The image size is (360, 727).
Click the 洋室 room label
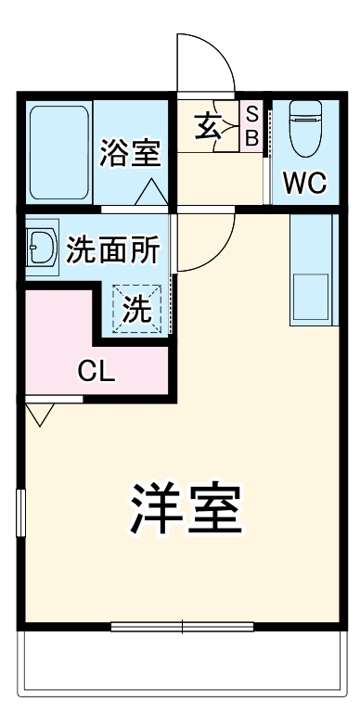186,507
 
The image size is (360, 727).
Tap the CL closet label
96,373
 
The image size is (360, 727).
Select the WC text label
304,183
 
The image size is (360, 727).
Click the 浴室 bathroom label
130,153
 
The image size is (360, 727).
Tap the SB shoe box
251,124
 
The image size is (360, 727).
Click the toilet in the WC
305,130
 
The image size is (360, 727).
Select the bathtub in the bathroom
58,148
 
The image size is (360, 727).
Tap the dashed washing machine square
137,307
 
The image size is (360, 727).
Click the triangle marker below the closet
38,414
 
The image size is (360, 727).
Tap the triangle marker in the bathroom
152,193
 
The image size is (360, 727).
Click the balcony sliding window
182,627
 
